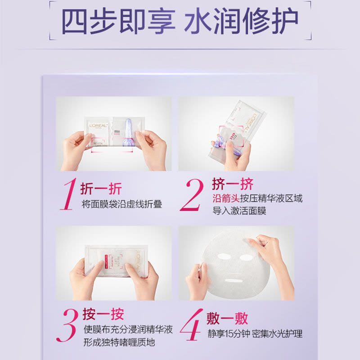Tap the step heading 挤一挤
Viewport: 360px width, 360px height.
coord(233,184)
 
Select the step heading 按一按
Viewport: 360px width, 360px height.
coord(103,314)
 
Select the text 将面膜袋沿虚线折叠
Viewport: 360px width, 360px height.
coord(121,203)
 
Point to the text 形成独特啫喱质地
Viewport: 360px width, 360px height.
coord(119,342)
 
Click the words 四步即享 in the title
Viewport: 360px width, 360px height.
coord(118,21)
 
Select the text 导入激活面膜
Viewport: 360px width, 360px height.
coord(239,211)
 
